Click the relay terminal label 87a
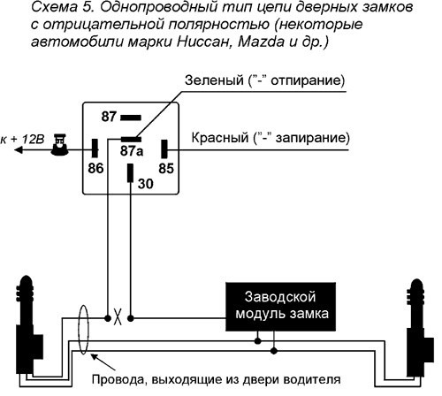[132, 151]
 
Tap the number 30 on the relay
[146, 184]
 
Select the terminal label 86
[95, 169]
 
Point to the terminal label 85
[166, 169]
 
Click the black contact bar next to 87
[131, 118]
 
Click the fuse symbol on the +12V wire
[60, 145]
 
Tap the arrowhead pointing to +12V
[19, 150]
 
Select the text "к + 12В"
[22, 139]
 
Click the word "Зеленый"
[214, 80]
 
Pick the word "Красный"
[220, 138]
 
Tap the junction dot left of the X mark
[108, 318]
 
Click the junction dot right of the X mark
[131, 318]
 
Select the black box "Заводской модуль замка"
[280, 307]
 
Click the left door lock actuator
[28, 327]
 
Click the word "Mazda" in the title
[261, 42]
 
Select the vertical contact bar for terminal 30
[130, 173]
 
